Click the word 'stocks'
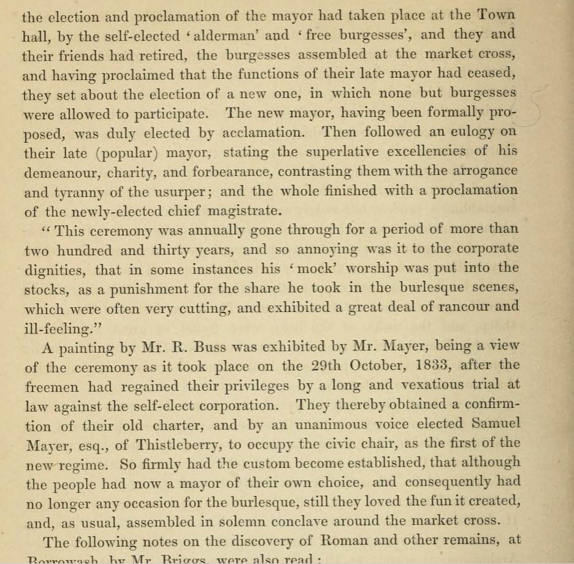point(45,288)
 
